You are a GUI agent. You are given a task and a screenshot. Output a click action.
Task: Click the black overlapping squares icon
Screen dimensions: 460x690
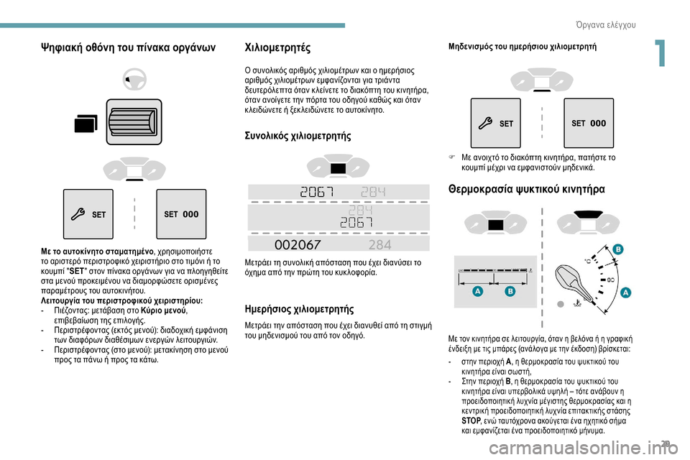[x=86, y=126]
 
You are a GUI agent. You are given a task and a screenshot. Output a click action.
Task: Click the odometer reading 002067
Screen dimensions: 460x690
[x=298, y=244]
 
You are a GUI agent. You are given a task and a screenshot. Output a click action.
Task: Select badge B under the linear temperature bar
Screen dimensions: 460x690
[x=510, y=293]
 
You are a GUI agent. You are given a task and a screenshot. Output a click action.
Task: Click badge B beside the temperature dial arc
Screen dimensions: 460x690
[x=617, y=249]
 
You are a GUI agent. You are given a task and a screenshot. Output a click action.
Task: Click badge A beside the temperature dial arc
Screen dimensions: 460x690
[x=625, y=293]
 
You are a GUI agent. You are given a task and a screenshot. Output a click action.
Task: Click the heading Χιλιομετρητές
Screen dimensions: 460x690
[x=278, y=48]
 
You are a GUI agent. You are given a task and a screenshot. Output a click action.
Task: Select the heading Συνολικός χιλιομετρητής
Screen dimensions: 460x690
[x=299, y=135]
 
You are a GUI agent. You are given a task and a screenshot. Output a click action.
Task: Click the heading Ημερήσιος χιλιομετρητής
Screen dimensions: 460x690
[x=300, y=310]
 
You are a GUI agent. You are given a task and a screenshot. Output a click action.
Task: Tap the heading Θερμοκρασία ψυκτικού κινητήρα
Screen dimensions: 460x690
[x=527, y=189]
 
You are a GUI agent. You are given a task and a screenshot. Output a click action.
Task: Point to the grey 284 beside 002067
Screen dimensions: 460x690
[x=379, y=244]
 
